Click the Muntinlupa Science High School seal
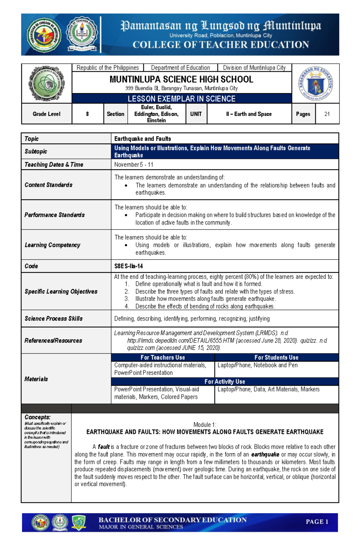(46, 84)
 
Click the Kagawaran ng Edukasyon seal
(316, 84)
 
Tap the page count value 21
(327, 114)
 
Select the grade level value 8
(87, 114)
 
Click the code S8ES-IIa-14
(128, 266)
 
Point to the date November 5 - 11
(134, 165)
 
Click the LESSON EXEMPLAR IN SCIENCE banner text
(181, 99)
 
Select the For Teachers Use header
(163, 357)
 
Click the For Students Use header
(276, 357)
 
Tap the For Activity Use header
(225, 382)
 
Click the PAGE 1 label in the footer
(317, 522)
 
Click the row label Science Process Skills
(54, 319)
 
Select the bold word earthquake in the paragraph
(265, 454)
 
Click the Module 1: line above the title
(205, 425)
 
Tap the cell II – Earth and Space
(249, 114)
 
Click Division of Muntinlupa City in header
(254, 68)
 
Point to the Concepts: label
(37, 417)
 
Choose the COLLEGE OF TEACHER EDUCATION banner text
(221, 45)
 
